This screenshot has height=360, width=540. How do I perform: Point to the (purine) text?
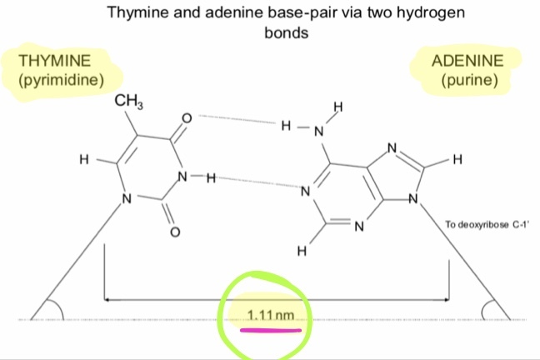tap(470, 81)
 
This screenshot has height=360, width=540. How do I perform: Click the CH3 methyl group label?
tap(127, 102)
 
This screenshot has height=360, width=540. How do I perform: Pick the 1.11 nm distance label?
tap(272, 316)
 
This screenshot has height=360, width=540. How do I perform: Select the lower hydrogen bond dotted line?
tap(257, 180)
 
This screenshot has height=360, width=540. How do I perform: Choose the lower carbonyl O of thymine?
tap(174, 232)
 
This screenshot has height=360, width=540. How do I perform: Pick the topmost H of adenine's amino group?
tap(338, 106)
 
